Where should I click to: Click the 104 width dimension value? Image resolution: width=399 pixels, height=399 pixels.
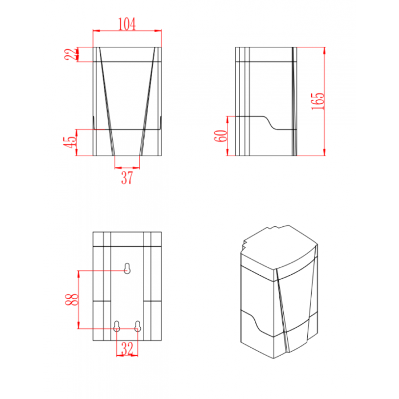[127, 24]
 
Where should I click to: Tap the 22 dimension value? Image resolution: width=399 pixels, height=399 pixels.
[71, 54]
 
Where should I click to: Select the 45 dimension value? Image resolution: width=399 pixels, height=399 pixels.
[70, 142]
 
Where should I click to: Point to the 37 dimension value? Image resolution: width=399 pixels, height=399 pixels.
[127, 178]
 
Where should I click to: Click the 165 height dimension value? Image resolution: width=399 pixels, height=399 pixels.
[318, 101]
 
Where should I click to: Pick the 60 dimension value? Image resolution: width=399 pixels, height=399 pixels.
[221, 136]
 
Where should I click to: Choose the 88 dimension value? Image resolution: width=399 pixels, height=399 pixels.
[72, 299]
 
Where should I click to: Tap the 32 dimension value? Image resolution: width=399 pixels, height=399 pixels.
[127, 348]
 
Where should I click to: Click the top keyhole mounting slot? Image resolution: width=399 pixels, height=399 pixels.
[127, 268]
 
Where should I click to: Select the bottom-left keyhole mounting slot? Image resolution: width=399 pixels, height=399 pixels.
[116, 326]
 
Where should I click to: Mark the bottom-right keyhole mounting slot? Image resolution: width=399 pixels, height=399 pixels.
[138, 326]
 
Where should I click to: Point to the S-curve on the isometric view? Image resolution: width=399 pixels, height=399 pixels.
[254, 322]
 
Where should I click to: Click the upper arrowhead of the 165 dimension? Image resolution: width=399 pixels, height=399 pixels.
[324, 50]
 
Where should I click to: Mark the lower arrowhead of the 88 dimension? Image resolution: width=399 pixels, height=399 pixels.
[79, 325]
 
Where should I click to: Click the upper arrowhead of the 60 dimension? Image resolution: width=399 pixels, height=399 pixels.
[227, 120]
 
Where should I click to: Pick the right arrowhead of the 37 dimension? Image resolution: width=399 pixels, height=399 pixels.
[136, 168]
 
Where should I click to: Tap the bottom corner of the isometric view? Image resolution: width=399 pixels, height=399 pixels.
[274, 359]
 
